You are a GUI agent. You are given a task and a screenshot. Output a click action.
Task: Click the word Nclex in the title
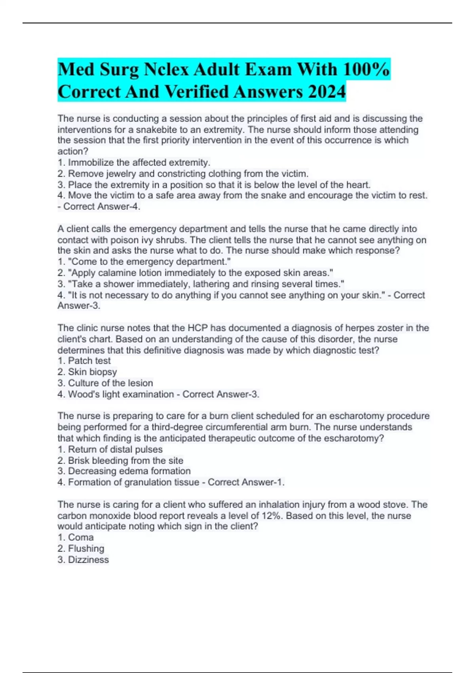point(166,69)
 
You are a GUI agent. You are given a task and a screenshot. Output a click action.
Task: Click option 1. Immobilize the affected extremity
point(134,162)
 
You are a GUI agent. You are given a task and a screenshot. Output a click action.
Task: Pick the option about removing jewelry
point(182,173)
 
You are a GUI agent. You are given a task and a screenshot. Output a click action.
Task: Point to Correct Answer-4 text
point(101,206)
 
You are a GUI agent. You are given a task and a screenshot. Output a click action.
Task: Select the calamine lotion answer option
point(195,273)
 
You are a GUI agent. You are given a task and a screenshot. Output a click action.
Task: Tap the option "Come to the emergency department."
point(144,262)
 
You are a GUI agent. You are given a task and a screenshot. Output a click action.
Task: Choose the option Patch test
point(84,361)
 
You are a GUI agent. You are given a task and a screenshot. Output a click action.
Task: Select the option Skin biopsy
point(87,372)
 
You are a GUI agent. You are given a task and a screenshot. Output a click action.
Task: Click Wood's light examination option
point(116,394)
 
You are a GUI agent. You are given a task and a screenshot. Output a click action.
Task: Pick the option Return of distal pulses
point(110,449)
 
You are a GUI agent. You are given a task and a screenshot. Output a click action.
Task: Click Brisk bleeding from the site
point(120,460)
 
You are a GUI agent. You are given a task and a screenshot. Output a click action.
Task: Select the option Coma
point(76,537)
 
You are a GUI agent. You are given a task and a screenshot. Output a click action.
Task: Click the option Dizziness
point(83,559)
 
